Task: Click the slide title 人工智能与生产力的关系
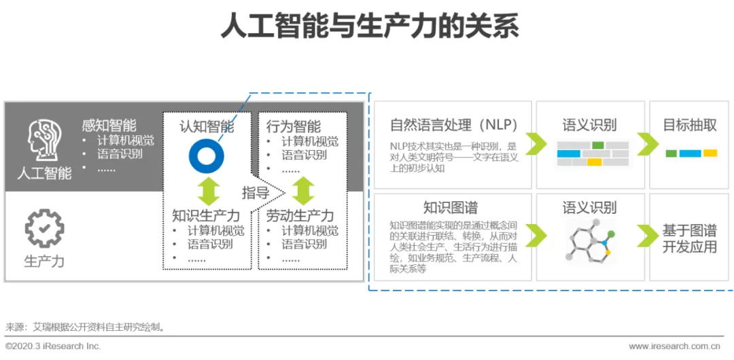click(x=370, y=26)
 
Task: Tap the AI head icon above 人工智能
click(x=44, y=141)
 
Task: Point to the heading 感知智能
click(x=109, y=125)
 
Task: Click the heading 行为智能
click(x=294, y=126)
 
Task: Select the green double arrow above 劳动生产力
click(x=303, y=191)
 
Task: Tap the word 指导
click(x=256, y=192)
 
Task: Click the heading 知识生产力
click(x=206, y=216)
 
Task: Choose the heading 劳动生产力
click(x=300, y=216)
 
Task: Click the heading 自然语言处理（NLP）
click(x=453, y=125)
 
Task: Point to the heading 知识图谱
click(x=450, y=207)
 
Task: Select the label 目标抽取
click(x=690, y=125)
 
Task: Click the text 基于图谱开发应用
click(x=690, y=238)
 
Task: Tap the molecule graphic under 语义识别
click(x=590, y=240)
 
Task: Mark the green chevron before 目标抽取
click(x=647, y=144)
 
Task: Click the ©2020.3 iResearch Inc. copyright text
click(x=53, y=346)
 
